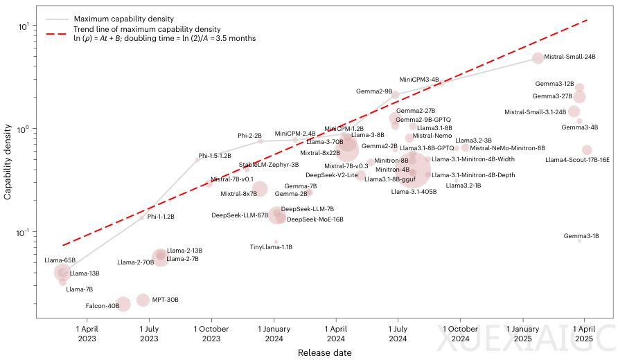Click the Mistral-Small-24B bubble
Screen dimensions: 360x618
pyautogui.click(x=538, y=58)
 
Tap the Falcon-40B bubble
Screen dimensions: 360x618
pyautogui.click(x=123, y=304)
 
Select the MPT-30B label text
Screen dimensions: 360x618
pyautogui.click(x=166, y=300)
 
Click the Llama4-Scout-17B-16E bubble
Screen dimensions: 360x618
pyautogui.click(x=587, y=150)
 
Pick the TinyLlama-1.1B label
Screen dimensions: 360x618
pyautogui.click(x=271, y=247)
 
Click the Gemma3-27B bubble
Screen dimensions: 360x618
pyautogui.click(x=580, y=96)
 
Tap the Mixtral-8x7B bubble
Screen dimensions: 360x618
pyautogui.click(x=260, y=189)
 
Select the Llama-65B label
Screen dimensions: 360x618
pyautogui.click(x=60, y=260)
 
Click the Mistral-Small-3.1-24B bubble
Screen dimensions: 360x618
pyautogui.click(x=574, y=111)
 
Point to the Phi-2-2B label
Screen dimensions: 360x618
pyautogui.click(x=249, y=136)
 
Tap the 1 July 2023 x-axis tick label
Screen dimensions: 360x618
pyautogui.click(x=149, y=334)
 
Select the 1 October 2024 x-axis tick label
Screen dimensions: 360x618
pyautogui.click(x=460, y=334)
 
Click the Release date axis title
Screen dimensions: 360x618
pyautogui.click(x=324, y=353)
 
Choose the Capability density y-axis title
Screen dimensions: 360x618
pyautogui.click(x=8, y=162)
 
